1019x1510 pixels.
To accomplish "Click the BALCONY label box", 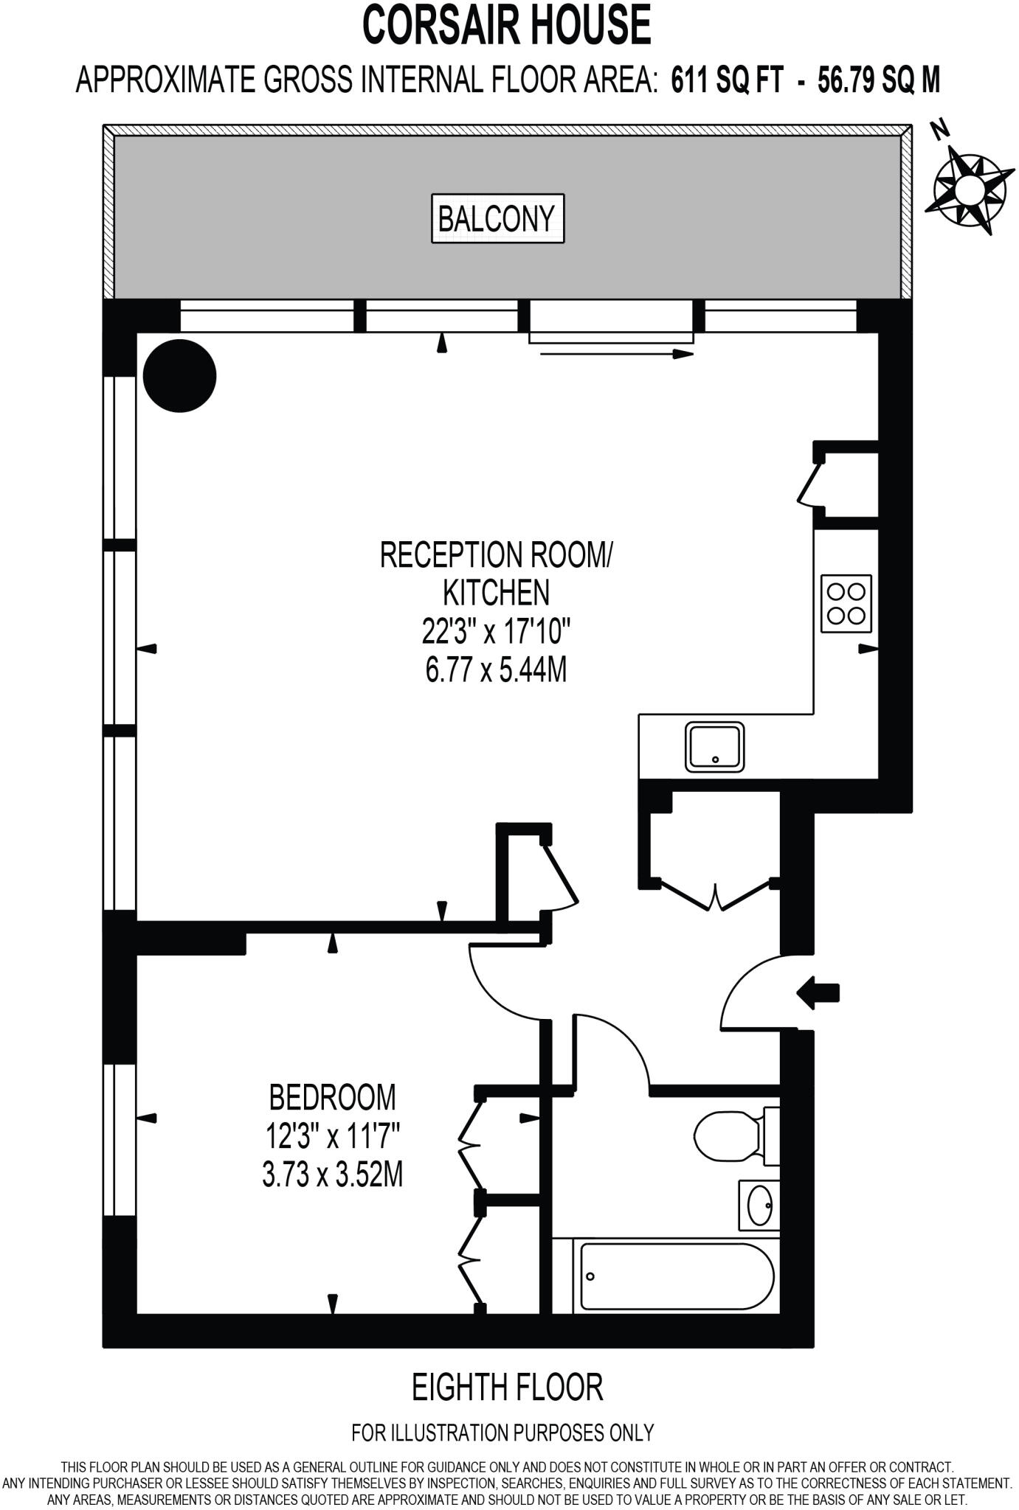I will coord(497,218).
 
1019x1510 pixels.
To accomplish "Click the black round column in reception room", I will coord(179,375).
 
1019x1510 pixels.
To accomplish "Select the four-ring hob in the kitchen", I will coord(846,603).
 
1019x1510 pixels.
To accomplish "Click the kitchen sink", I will coord(714,748).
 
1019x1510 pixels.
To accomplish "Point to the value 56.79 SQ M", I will coord(879,79).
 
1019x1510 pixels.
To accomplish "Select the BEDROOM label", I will coord(332,1097).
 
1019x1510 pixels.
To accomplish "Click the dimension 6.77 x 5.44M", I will coord(496,671).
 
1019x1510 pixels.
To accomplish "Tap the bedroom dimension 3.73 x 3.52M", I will coord(332,1175).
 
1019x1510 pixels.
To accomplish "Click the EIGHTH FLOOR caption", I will coord(508,1387).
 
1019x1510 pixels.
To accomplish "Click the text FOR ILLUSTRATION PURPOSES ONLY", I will coord(502,1433).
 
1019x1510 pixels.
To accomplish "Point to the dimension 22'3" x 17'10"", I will coord(497,632).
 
